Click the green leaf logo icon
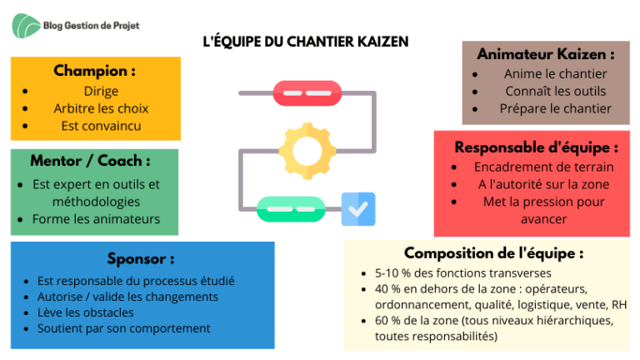click(26, 26)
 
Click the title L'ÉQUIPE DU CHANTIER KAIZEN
click(306, 42)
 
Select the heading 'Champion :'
click(95, 71)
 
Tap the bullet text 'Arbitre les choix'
click(101, 108)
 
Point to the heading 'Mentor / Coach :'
click(90, 161)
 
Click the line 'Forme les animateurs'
click(96, 219)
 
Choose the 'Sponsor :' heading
click(141, 259)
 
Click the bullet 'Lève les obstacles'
click(85, 312)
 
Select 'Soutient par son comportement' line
click(123, 328)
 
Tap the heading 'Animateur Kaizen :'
click(546, 54)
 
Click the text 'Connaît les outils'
click(556, 92)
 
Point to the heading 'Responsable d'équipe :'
click(537, 147)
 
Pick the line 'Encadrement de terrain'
click(543, 167)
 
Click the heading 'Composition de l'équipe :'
click(494, 253)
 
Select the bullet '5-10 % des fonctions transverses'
click(462, 273)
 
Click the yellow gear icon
click(307, 151)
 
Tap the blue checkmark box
click(358, 209)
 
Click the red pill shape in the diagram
click(307, 93)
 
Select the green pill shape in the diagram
click(291, 209)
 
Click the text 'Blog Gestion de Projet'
click(91, 26)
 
